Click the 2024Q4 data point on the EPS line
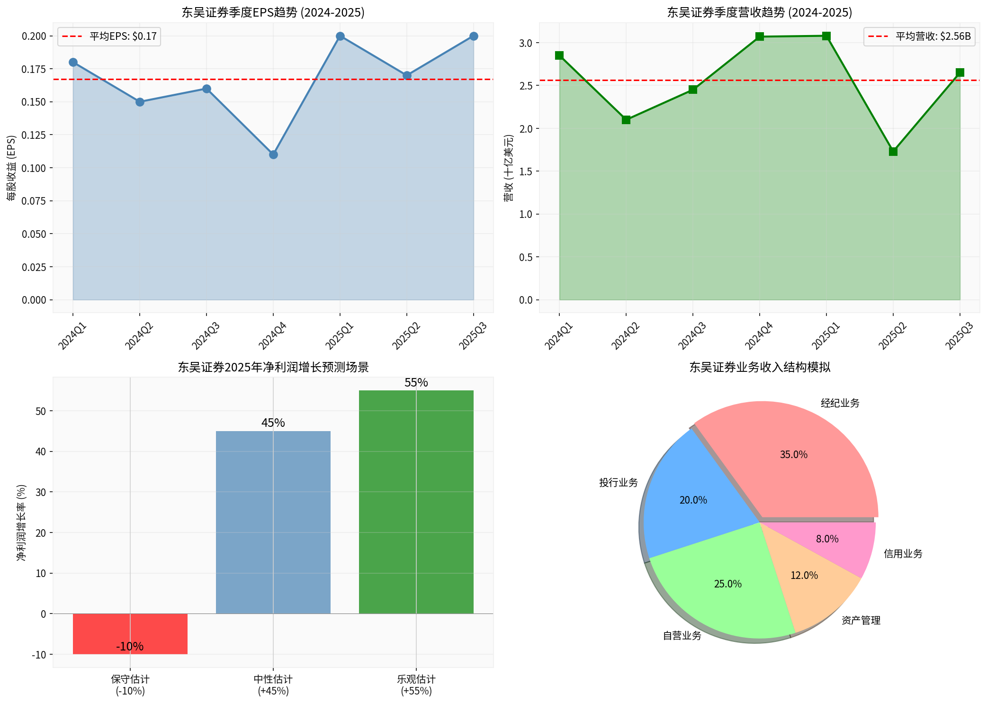click(273, 154)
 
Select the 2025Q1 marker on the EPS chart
click(340, 36)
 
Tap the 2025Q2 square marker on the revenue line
click(893, 152)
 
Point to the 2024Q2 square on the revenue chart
click(626, 120)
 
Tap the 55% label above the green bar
click(416, 382)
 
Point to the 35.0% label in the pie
click(794, 454)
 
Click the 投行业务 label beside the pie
click(619, 483)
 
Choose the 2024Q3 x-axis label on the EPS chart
click(206, 336)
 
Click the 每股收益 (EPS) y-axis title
click(11, 168)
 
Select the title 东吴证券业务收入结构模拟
click(760, 367)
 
